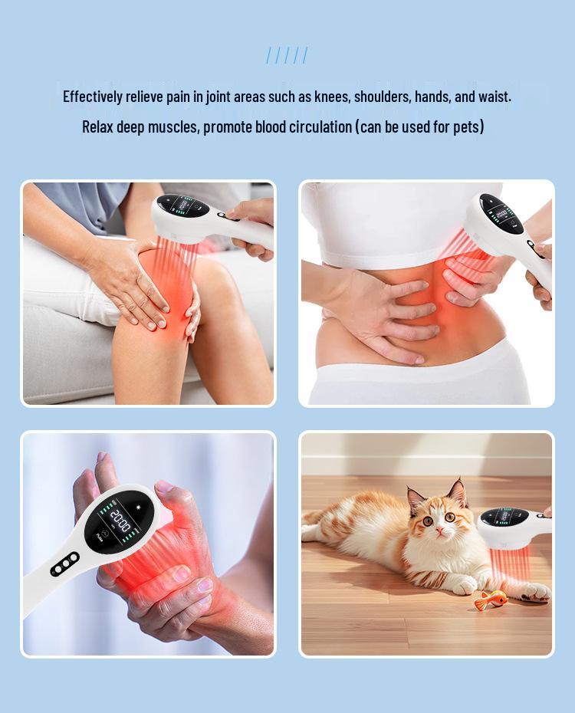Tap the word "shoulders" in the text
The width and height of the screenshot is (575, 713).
coord(397,97)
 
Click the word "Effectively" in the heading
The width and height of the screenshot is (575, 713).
coord(93,97)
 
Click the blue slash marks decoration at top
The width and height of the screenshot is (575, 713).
coord(287,55)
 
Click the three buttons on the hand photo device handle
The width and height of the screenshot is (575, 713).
coord(64,564)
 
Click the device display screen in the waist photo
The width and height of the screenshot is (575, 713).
coord(499,212)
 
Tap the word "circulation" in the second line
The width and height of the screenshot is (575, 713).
coord(320,127)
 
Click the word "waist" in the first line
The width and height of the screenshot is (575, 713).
coord(494,97)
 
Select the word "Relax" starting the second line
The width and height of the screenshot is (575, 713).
coord(97,127)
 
